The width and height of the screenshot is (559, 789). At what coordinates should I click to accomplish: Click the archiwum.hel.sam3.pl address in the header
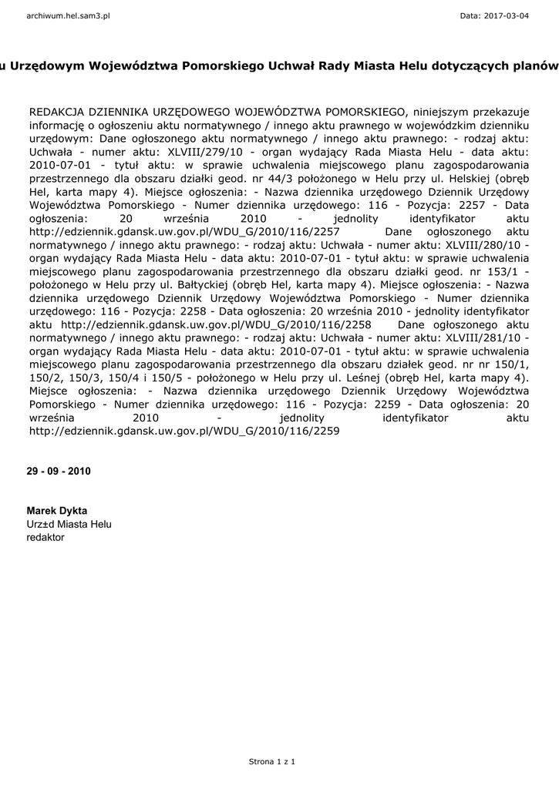pyautogui.click(x=68, y=15)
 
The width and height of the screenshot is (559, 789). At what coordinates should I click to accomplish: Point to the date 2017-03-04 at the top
pyautogui.click(x=514, y=15)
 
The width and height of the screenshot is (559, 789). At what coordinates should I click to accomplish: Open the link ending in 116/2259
pyautogui.click(x=184, y=431)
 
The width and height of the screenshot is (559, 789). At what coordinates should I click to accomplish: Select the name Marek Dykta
pyautogui.click(x=57, y=511)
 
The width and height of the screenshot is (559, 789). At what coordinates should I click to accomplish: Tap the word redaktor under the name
pyautogui.click(x=45, y=537)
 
